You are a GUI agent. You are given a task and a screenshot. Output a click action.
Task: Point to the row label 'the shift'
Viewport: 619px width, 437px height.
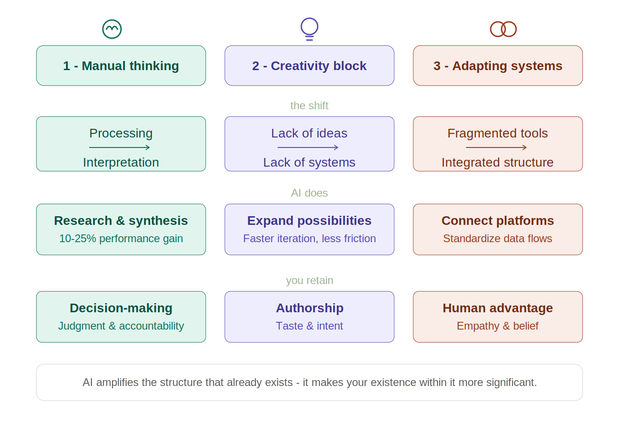click(x=309, y=106)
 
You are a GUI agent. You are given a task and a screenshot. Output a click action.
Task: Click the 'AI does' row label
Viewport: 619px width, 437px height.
click(x=309, y=193)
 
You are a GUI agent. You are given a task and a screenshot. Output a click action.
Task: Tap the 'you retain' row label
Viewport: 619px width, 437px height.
click(x=309, y=280)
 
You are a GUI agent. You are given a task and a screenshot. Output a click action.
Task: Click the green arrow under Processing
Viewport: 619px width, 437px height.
click(x=119, y=147)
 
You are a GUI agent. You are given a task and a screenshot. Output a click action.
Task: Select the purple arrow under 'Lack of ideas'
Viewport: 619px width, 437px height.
click(x=308, y=147)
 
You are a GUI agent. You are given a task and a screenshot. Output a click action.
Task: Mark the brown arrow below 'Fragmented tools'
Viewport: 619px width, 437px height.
click(x=496, y=147)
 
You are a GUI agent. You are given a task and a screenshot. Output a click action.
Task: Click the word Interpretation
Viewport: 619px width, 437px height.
click(x=121, y=162)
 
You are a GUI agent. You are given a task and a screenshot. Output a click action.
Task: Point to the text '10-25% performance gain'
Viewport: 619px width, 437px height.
click(x=121, y=239)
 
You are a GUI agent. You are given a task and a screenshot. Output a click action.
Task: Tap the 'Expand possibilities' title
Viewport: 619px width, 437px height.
click(x=309, y=221)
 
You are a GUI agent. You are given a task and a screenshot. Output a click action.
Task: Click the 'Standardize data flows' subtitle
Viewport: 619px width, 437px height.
click(x=497, y=239)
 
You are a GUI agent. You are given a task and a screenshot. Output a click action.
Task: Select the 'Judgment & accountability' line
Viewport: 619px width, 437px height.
click(x=121, y=326)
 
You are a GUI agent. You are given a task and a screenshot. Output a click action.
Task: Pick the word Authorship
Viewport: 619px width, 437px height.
click(x=309, y=308)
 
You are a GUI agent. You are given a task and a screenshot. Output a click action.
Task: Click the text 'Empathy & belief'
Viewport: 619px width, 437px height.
click(x=497, y=326)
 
